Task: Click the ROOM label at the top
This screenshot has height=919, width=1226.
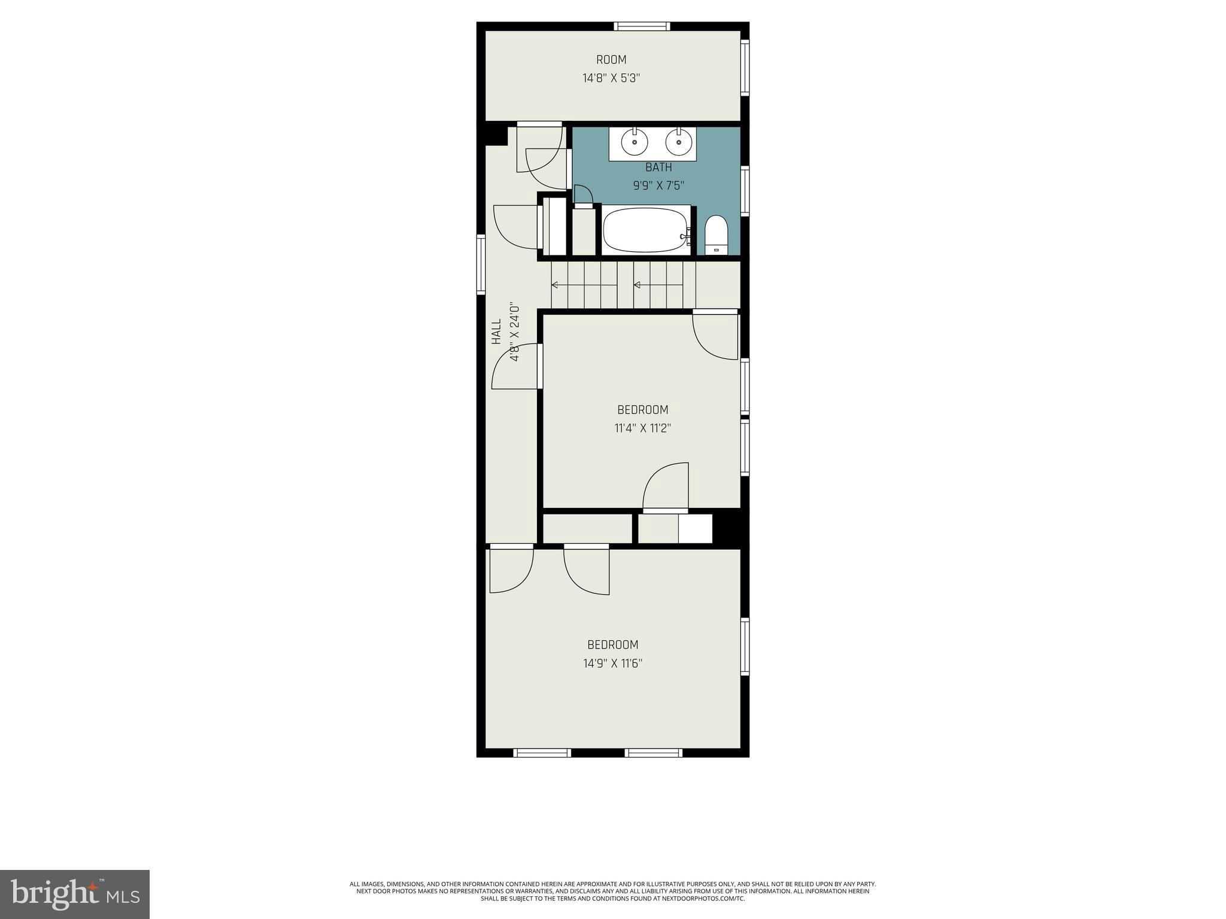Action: coord(611,60)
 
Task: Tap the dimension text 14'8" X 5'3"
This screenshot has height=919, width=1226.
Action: coord(611,78)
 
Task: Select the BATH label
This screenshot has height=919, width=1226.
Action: coord(658,168)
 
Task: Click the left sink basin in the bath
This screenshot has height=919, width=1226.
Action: coord(635,143)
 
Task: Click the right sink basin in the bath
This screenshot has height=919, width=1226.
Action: coord(679,143)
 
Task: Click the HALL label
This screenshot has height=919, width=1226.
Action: coord(496,331)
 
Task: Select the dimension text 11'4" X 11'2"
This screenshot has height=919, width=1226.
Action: coord(642,428)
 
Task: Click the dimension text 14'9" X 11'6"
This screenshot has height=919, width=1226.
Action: coord(612,664)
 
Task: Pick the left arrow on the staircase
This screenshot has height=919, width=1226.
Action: coord(584,285)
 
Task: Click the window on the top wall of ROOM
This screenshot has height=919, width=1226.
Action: coord(642,26)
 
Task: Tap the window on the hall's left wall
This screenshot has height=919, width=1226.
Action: coord(481,264)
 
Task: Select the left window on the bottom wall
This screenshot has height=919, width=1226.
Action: coord(542,753)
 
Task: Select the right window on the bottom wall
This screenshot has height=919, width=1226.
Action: coord(653,753)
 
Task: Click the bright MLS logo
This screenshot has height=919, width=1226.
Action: coord(75,894)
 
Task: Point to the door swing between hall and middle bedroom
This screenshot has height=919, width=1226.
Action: coord(515,367)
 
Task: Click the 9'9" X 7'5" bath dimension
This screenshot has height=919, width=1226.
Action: coord(658,186)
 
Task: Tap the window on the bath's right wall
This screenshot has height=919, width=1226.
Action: coord(745,190)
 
